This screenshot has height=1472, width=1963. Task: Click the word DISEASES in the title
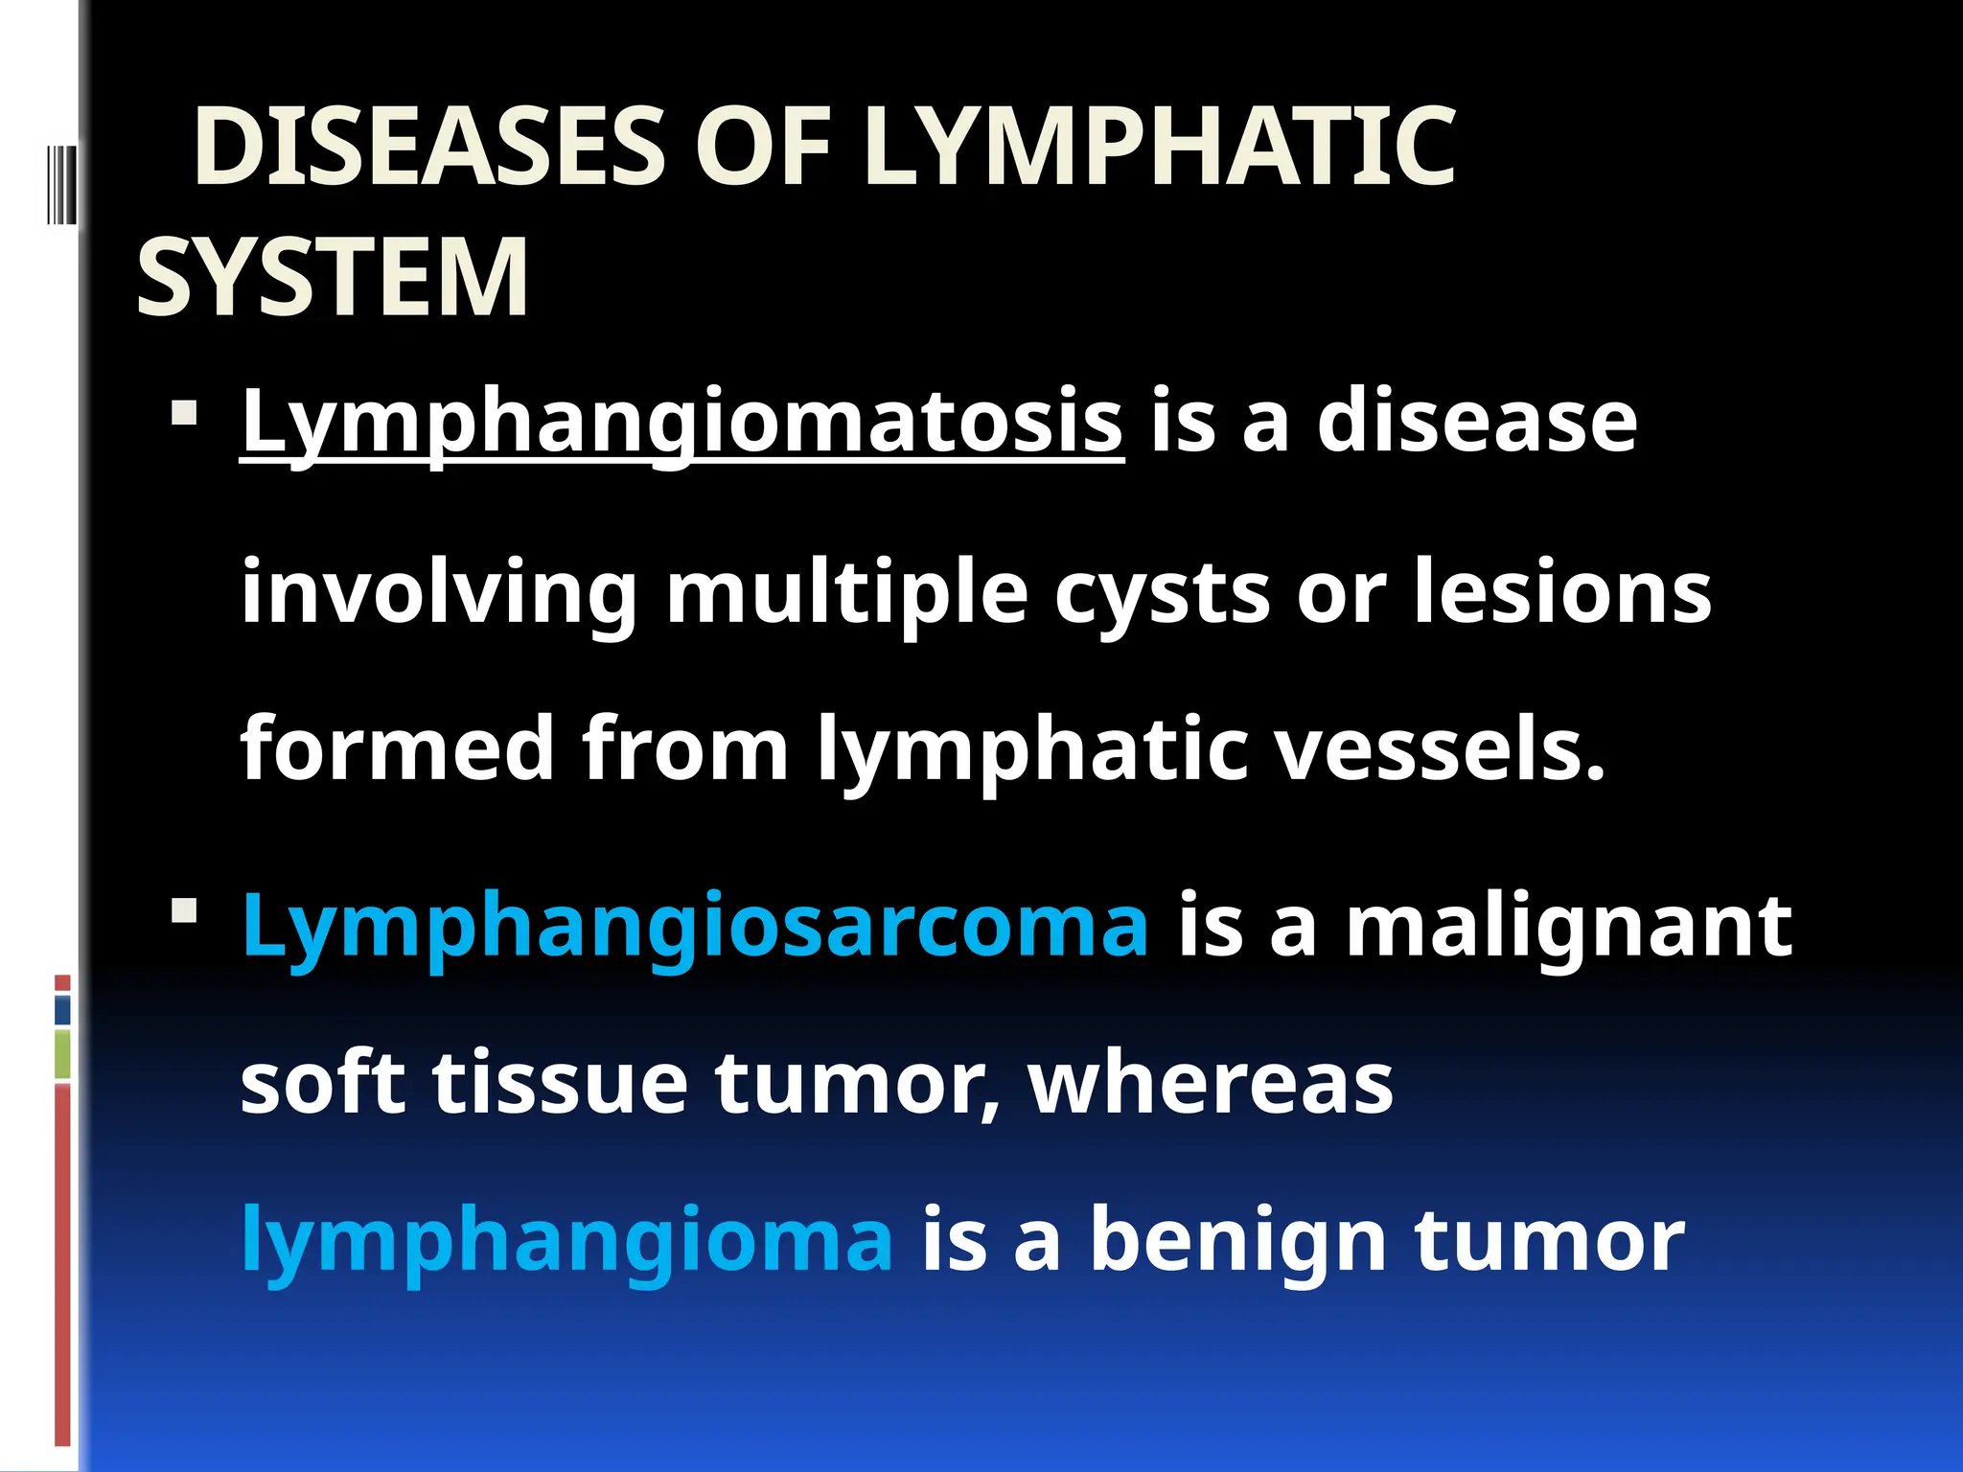tap(428, 149)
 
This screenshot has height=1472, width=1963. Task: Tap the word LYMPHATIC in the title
tap(1159, 149)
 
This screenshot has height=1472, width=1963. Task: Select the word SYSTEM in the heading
tap(333, 279)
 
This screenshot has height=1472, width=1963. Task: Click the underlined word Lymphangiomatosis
tap(681, 422)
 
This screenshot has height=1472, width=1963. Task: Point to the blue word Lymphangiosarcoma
tap(695, 926)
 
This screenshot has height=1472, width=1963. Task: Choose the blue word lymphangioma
tap(567, 1240)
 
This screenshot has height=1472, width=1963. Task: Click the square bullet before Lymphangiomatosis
tap(184, 414)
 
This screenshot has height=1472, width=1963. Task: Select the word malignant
tap(1568, 926)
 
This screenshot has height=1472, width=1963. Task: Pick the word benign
tap(1237, 1240)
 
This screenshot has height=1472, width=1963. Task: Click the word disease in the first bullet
tap(1477, 422)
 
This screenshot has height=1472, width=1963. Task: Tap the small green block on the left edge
tap(62, 1054)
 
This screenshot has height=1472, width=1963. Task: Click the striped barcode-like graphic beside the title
tap(59, 182)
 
